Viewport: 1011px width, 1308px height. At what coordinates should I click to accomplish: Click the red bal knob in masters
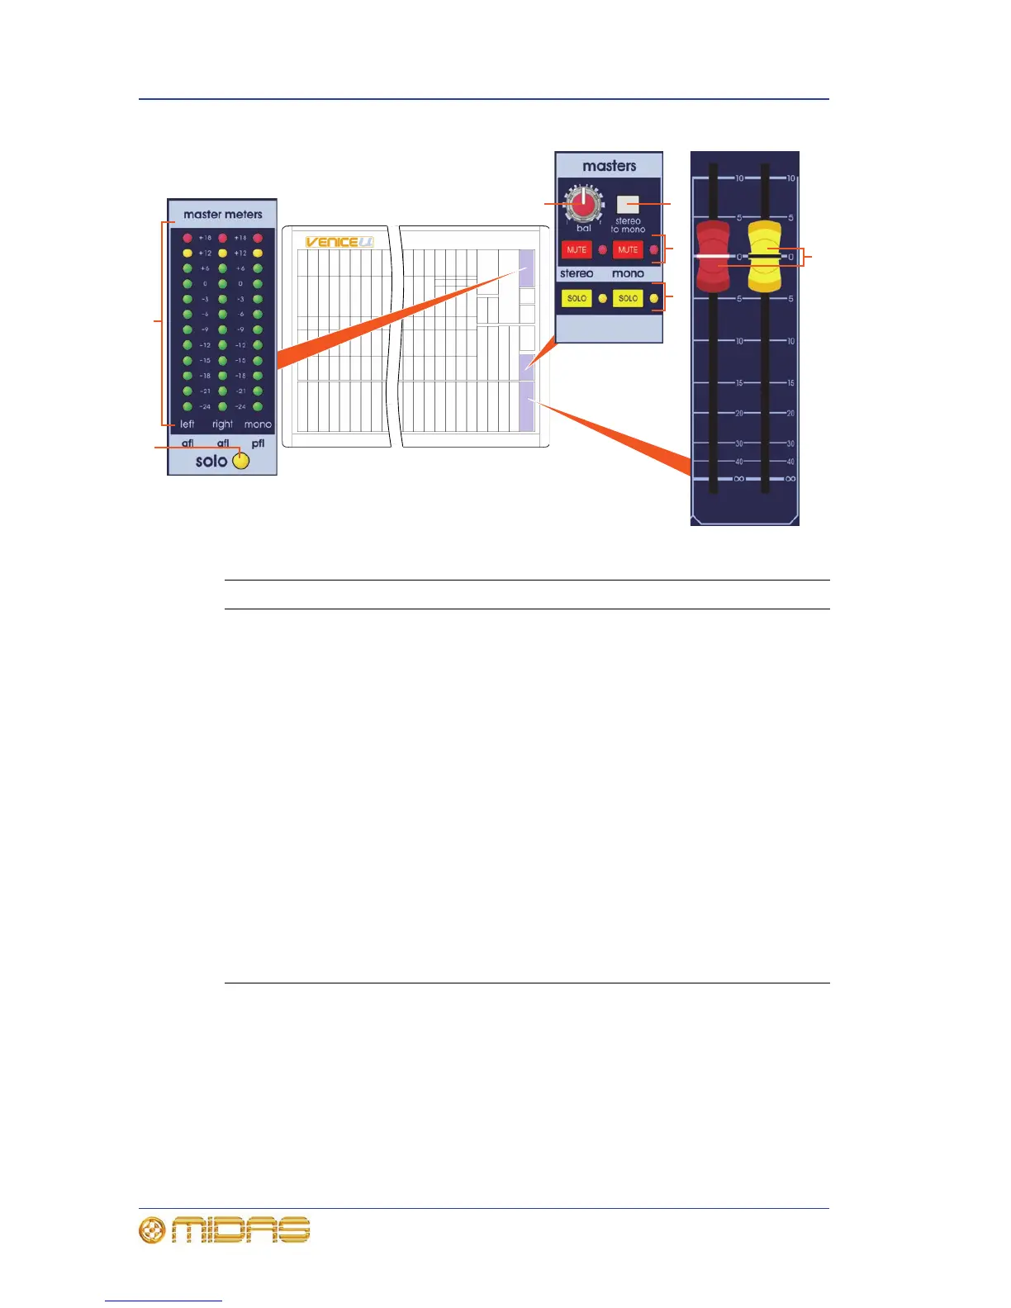583,202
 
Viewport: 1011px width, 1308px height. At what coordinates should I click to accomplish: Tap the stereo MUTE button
577,249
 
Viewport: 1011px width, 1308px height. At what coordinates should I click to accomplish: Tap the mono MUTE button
628,249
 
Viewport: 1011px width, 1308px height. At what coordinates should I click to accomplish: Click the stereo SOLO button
577,298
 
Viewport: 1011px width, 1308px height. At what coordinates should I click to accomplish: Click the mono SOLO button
628,298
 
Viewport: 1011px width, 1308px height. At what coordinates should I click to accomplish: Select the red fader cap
713,256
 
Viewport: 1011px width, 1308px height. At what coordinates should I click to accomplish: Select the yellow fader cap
765,256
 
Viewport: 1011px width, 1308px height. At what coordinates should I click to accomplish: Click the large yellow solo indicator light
240,461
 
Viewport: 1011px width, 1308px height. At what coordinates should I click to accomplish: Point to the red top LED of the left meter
187,238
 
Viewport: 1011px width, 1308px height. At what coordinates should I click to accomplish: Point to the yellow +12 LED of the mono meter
258,254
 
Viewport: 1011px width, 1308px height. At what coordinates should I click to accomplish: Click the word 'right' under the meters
223,424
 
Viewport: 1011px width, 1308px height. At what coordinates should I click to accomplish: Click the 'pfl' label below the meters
259,443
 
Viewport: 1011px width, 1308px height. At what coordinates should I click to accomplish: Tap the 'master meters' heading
223,215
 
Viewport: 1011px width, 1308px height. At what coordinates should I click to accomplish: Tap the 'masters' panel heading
610,166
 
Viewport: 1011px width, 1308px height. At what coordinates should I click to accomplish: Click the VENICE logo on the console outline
339,242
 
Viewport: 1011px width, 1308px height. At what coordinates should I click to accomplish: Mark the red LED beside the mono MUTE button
654,249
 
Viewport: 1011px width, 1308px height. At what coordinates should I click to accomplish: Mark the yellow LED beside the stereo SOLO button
603,298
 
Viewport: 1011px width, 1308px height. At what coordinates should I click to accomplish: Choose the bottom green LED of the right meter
223,406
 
